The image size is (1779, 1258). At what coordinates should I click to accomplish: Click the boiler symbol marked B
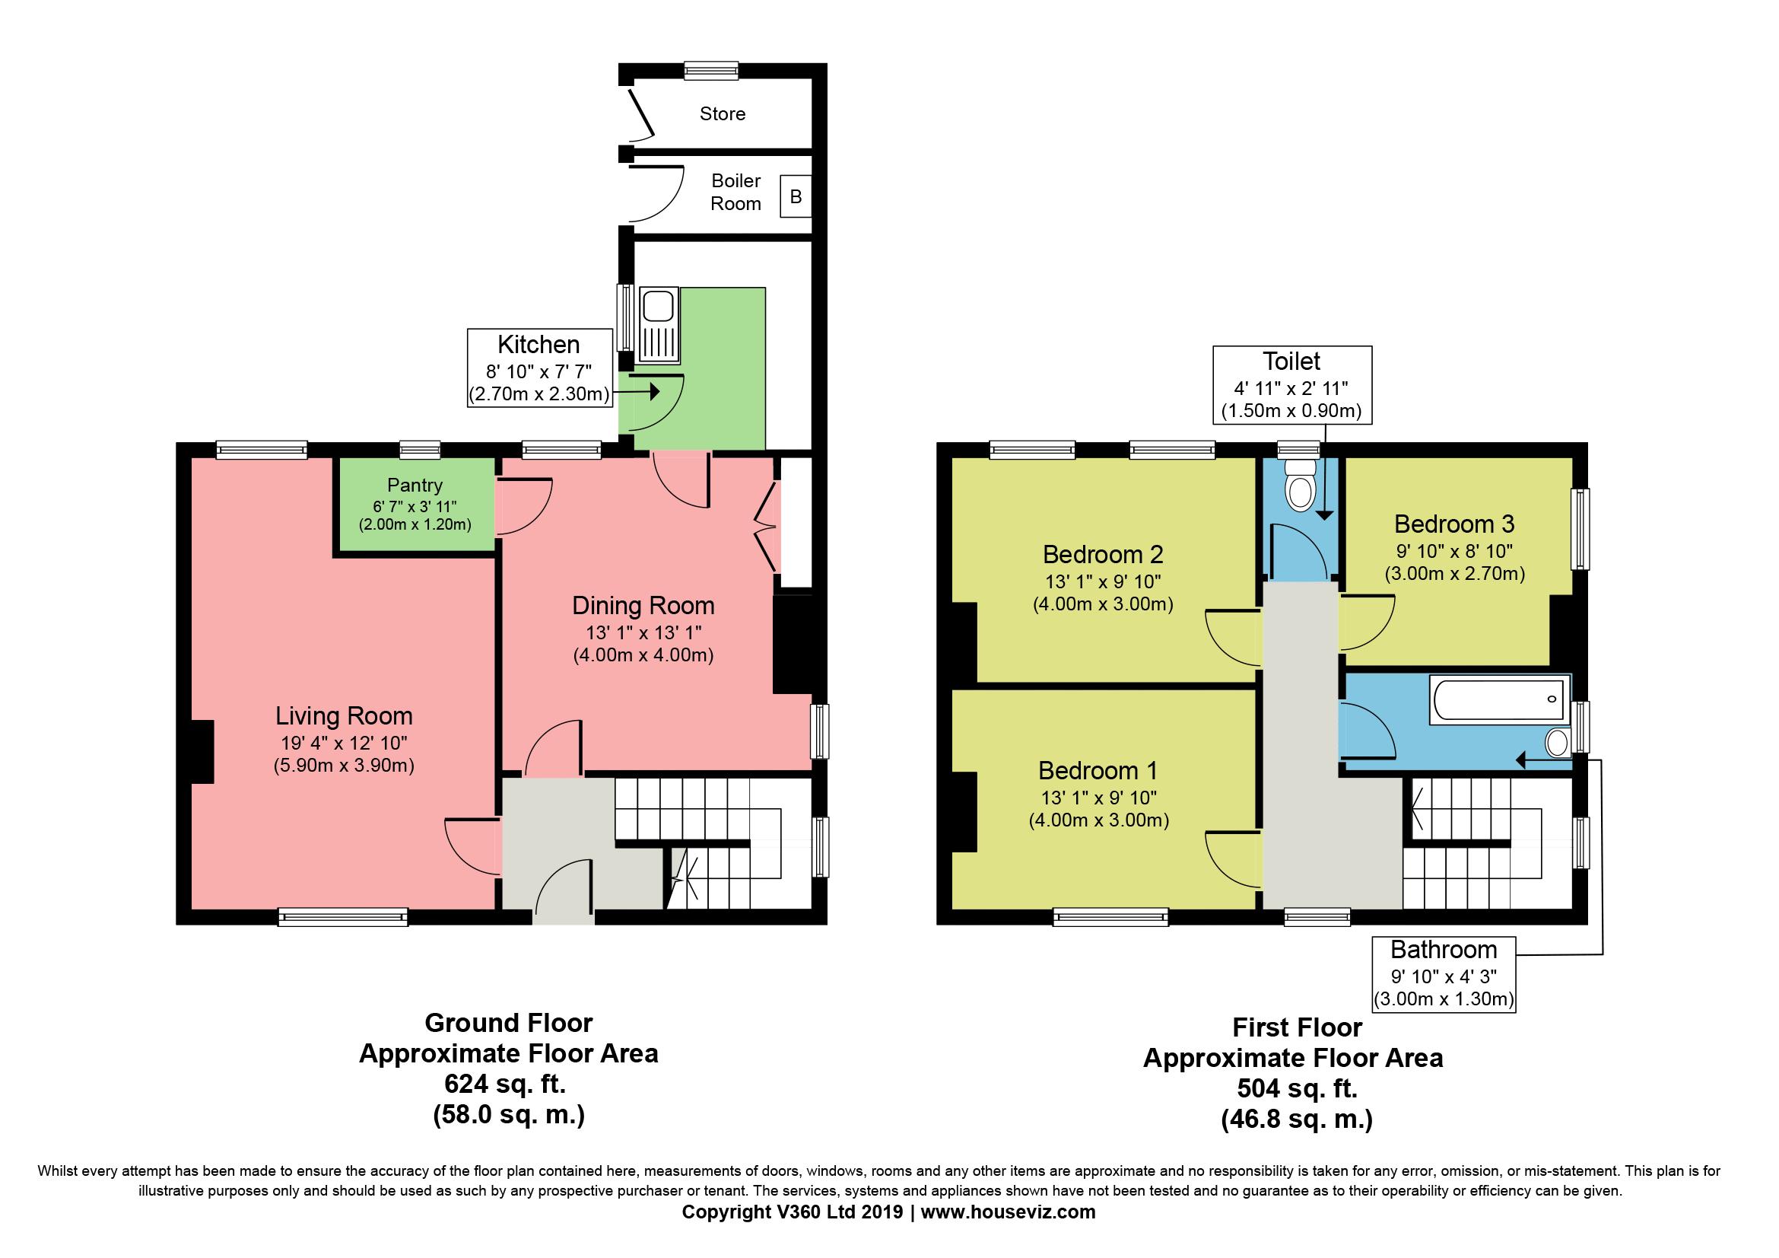[795, 197]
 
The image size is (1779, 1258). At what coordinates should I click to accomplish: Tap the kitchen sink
[659, 326]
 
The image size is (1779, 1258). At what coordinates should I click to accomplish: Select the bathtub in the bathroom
[1498, 700]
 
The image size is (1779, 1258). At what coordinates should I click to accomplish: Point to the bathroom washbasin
[1557, 743]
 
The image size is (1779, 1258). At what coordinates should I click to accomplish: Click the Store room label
[722, 114]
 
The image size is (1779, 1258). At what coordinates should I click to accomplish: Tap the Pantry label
[415, 486]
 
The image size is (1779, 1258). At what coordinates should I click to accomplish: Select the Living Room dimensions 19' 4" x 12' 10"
[343, 743]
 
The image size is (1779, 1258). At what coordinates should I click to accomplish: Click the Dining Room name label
[643, 605]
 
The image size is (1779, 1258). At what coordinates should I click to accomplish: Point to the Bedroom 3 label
[1453, 524]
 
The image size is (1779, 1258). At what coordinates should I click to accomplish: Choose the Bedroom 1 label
[1098, 770]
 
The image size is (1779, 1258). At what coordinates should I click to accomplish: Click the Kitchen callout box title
[538, 344]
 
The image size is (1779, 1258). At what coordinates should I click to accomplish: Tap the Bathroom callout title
[1444, 950]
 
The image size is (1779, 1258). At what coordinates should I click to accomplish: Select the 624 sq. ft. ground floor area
[504, 1084]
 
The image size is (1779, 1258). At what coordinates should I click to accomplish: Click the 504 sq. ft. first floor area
[1297, 1088]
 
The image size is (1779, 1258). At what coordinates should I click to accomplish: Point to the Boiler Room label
[736, 193]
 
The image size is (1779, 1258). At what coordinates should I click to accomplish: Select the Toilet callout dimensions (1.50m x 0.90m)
[1291, 411]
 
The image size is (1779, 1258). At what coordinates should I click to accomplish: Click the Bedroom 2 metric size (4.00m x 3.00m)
[1103, 604]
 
